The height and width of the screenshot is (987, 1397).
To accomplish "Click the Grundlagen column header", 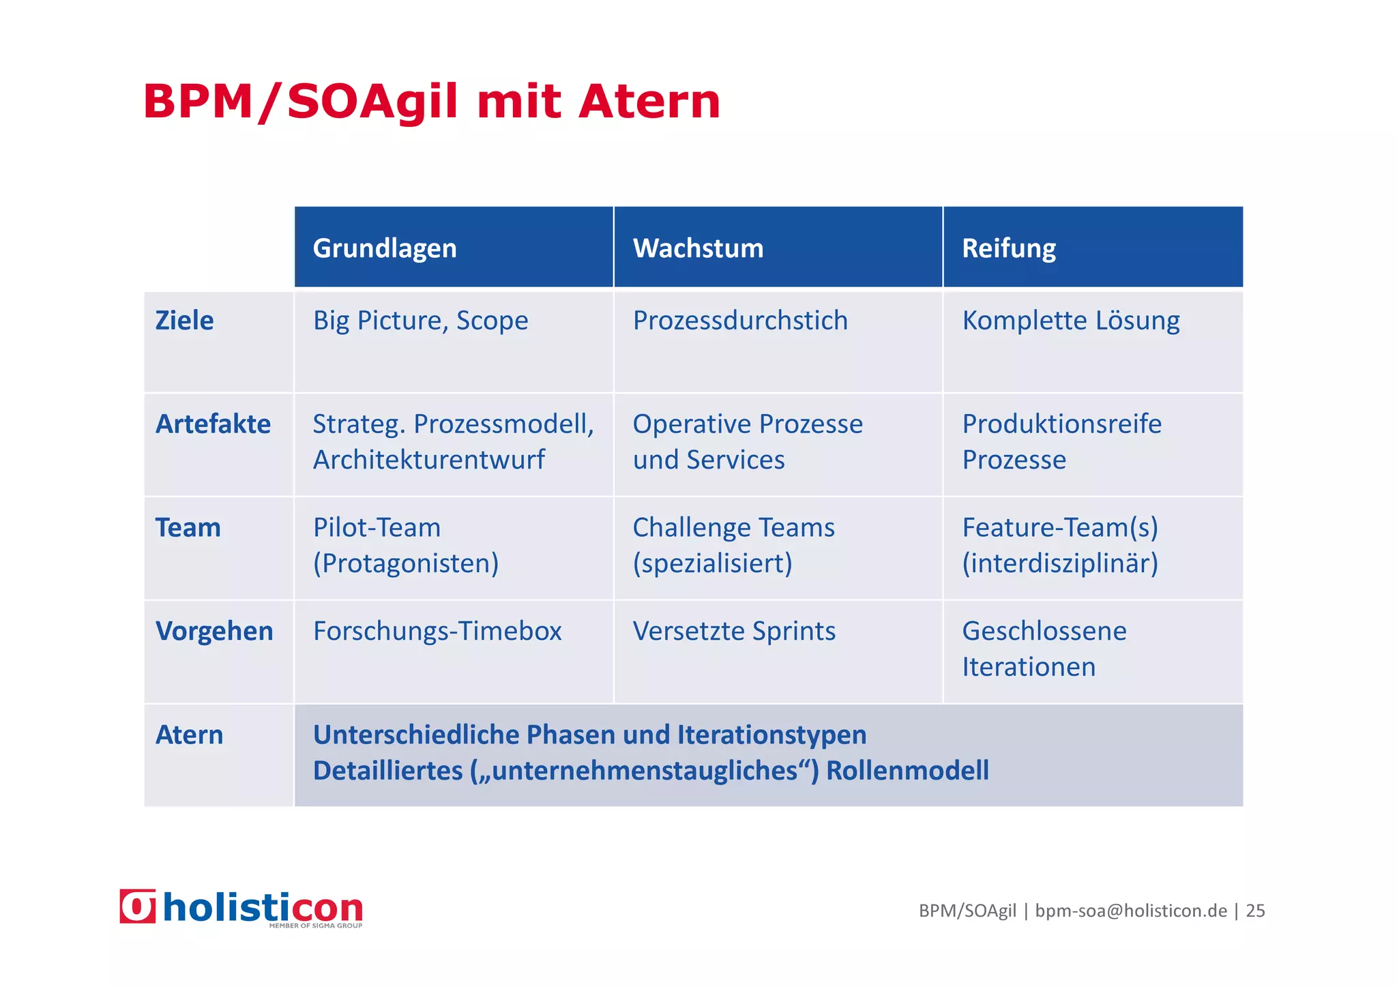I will [x=385, y=248].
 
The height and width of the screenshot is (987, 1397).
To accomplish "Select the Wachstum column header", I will [x=698, y=248].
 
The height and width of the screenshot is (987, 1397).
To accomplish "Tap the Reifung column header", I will [x=1008, y=248].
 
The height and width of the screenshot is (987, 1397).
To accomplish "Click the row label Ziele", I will [x=184, y=321].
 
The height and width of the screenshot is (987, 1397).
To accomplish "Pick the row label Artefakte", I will [x=213, y=424].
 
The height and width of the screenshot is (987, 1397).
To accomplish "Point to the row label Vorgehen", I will [x=214, y=631].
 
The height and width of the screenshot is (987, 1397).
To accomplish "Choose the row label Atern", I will [x=189, y=735].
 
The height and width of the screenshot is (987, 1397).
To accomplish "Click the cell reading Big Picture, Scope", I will [x=420, y=321].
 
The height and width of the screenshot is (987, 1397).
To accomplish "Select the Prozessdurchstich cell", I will [x=740, y=321].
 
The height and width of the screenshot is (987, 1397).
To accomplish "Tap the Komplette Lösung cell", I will [x=1070, y=321].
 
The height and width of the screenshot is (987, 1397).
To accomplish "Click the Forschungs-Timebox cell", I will [x=437, y=631].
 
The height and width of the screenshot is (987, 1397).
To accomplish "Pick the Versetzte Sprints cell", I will [x=734, y=631].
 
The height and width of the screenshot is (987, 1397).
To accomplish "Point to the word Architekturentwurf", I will [x=428, y=460].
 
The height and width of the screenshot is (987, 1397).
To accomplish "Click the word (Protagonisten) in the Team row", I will [x=406, y=563].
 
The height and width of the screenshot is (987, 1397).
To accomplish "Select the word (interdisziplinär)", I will [x=1060, y=563].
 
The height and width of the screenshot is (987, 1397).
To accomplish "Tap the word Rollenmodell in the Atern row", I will [x=907, y=771].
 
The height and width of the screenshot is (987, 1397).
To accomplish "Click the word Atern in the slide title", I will [x=649, y=102].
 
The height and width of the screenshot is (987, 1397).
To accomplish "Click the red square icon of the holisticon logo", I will [x=138, y=907].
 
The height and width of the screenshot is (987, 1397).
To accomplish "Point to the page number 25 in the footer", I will [x=1255, y=911].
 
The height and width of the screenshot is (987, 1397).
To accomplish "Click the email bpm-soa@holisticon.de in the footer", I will [x=1130, y=911].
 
